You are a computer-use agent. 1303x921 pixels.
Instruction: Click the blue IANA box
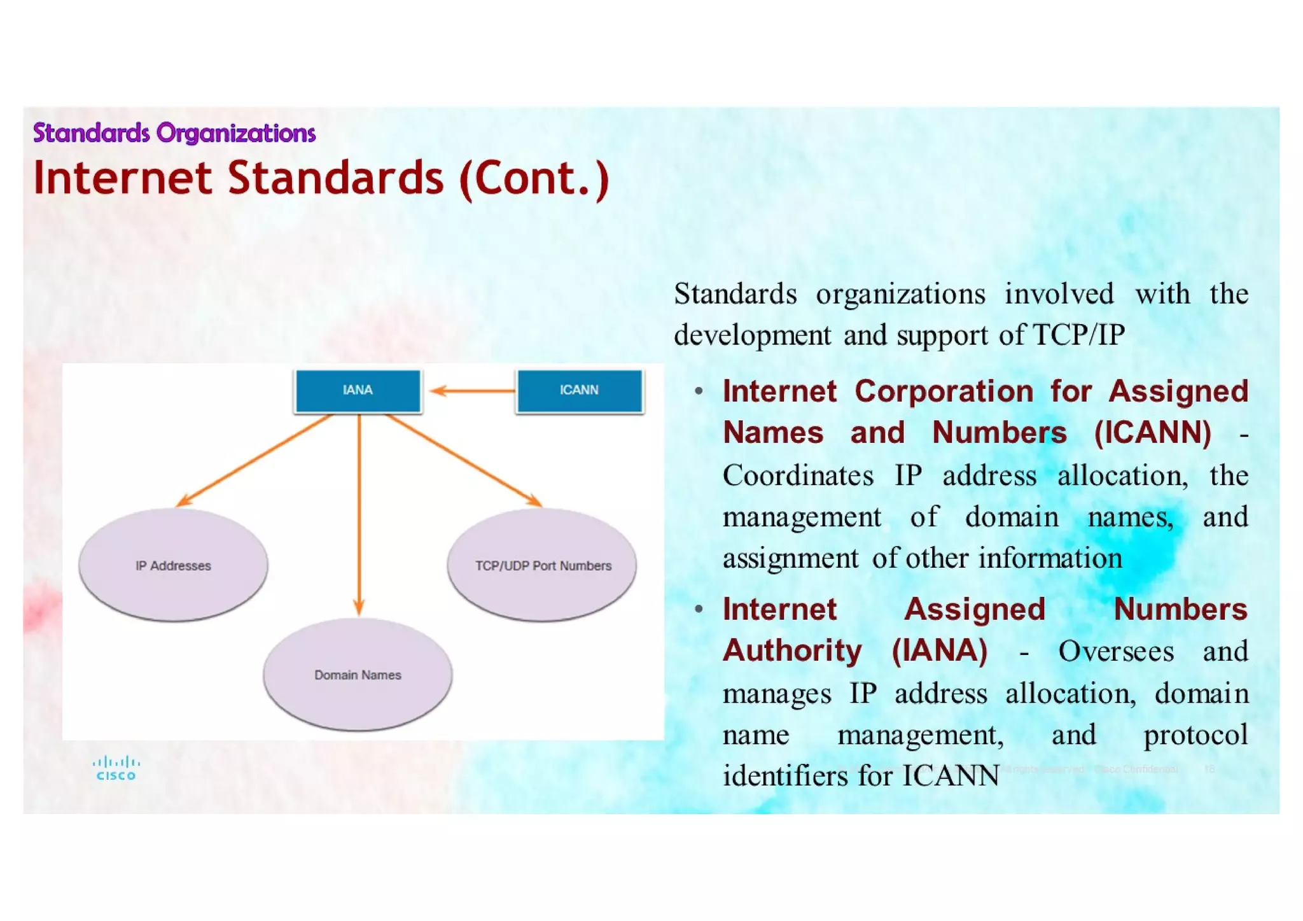(x=358, y=390)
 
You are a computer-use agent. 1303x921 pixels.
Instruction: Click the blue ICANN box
(x=579, y=390)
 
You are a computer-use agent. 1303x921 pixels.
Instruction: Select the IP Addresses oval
(x=173, y=565)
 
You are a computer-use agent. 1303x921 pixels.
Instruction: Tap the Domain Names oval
(x=358, y=675)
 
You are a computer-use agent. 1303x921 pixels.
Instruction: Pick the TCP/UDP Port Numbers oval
(x=542, y=565)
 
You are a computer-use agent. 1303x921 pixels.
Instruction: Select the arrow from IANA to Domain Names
(x=359, y=516)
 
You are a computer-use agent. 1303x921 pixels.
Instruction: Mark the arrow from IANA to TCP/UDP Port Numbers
(x=463, y=460)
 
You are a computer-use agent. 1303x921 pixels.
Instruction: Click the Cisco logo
(x=116, y=768)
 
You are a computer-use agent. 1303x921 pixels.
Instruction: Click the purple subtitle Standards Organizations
(x=174, y=133)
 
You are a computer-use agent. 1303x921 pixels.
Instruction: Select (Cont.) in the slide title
(x=534, y=179)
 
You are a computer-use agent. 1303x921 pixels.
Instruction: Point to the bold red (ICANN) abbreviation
(x=1152, y=433)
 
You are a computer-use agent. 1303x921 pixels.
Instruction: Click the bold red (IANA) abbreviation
(x=940, y=650)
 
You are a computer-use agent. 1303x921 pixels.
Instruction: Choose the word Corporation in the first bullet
(x=944, y=391)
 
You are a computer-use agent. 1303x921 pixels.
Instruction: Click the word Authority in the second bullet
(x=792, y=650)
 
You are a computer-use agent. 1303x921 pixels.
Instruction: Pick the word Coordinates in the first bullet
(x=798, y=475)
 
